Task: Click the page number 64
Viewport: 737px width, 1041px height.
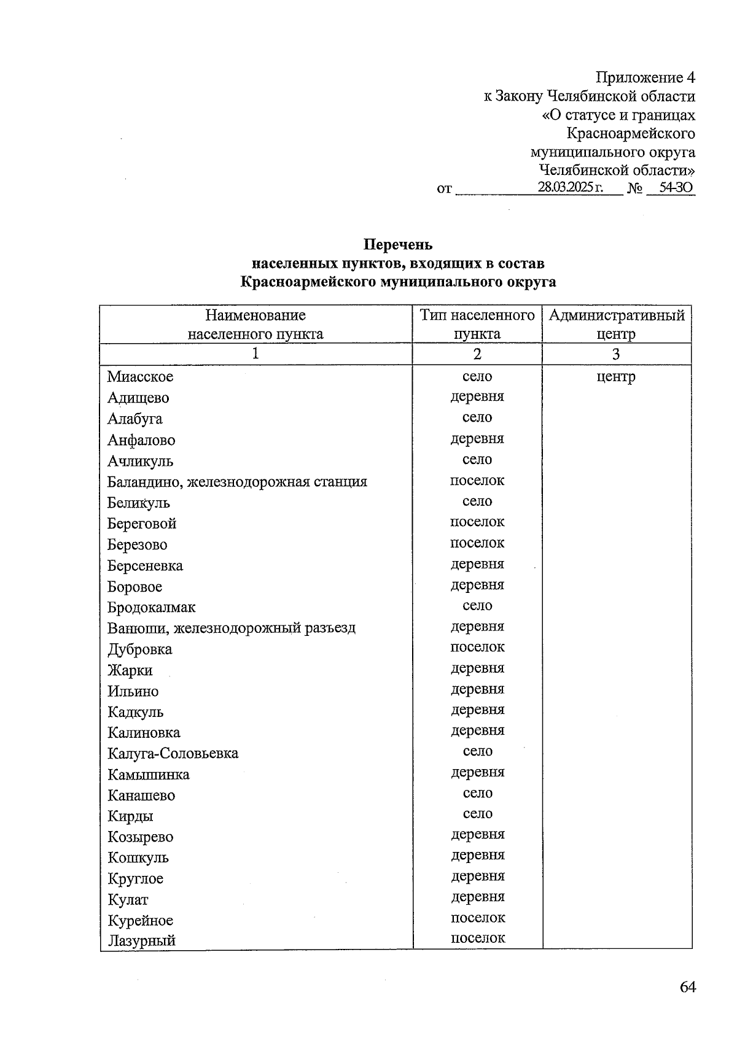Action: coord(687,987)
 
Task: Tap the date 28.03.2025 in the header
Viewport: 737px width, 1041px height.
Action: coord(570,188)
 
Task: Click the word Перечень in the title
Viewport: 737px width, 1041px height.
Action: coord(398,245)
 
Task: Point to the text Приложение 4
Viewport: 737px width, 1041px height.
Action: coord(645,78)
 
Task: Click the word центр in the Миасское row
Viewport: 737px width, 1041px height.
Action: coord(616,377)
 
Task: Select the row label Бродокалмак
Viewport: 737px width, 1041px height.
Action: coord(151,607)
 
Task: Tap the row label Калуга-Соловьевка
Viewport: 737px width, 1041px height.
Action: coord(173,753)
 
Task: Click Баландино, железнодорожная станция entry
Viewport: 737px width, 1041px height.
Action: coord(236,482)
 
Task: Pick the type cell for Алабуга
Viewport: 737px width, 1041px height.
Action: coord(477,417)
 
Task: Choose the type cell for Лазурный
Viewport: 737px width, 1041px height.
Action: coord(477,938)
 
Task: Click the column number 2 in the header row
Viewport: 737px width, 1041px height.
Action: coord(477,354)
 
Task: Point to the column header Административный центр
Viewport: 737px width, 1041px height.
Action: coord(616,325)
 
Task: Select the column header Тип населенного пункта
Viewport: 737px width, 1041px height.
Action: coord(477,325)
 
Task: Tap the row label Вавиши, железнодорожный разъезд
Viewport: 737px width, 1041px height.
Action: coord(231,628)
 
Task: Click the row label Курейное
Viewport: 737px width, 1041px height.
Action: coord(140,920)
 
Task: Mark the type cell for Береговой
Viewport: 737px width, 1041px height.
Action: coord(477,522)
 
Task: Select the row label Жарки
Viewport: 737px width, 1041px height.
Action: coord(130,670)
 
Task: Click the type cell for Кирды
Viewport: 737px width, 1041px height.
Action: coord(477,814)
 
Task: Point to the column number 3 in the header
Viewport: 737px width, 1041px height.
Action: coord(616,354)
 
